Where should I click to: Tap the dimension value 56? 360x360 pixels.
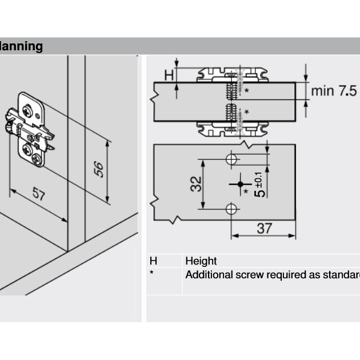99,169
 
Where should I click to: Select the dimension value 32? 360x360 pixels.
195,184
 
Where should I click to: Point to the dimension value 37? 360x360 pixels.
264,229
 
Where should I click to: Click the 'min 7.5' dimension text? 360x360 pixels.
334,91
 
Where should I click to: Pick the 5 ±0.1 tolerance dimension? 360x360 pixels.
259,184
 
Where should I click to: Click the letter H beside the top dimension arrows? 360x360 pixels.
168,74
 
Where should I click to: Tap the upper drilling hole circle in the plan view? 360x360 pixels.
231,159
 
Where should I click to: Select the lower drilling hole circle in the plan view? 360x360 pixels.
231,209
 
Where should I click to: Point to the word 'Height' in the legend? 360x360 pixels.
201,261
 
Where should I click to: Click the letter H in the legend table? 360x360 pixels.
153,261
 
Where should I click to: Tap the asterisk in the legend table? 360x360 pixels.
151,273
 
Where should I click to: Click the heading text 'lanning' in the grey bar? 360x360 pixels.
21,46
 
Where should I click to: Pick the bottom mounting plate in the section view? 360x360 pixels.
232,128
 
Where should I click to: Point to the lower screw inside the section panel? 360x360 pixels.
231,111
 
